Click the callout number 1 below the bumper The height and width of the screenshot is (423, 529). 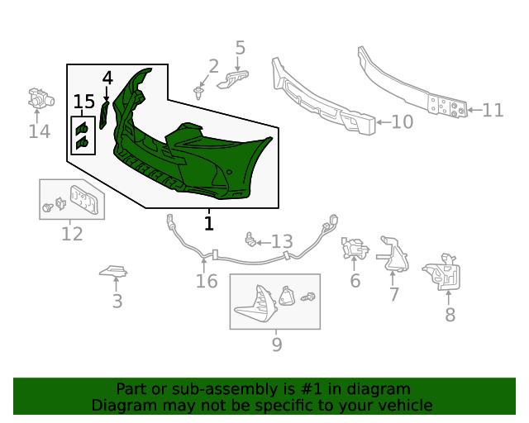click(209, 223)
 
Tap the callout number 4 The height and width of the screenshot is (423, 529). click(107, 78)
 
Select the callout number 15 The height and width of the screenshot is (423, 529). click(84, 102)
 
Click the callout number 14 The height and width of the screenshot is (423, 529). click(39, 131)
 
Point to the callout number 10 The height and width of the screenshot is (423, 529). click(402, 122)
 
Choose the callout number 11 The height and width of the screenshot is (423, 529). click(493, 110)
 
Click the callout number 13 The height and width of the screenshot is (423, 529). click(282, 241)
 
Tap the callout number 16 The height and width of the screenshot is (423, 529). click(207, 282)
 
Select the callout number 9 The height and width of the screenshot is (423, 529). click(276, 344)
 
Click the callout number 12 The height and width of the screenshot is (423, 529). click(72, 234)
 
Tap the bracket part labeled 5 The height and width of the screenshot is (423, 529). click(236, 78)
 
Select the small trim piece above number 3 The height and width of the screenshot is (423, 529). click(114, 271)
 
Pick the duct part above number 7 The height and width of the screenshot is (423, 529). click(394, 253)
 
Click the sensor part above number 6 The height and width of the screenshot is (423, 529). click(354, 248)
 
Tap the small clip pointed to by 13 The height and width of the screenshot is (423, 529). click(249, 240)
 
